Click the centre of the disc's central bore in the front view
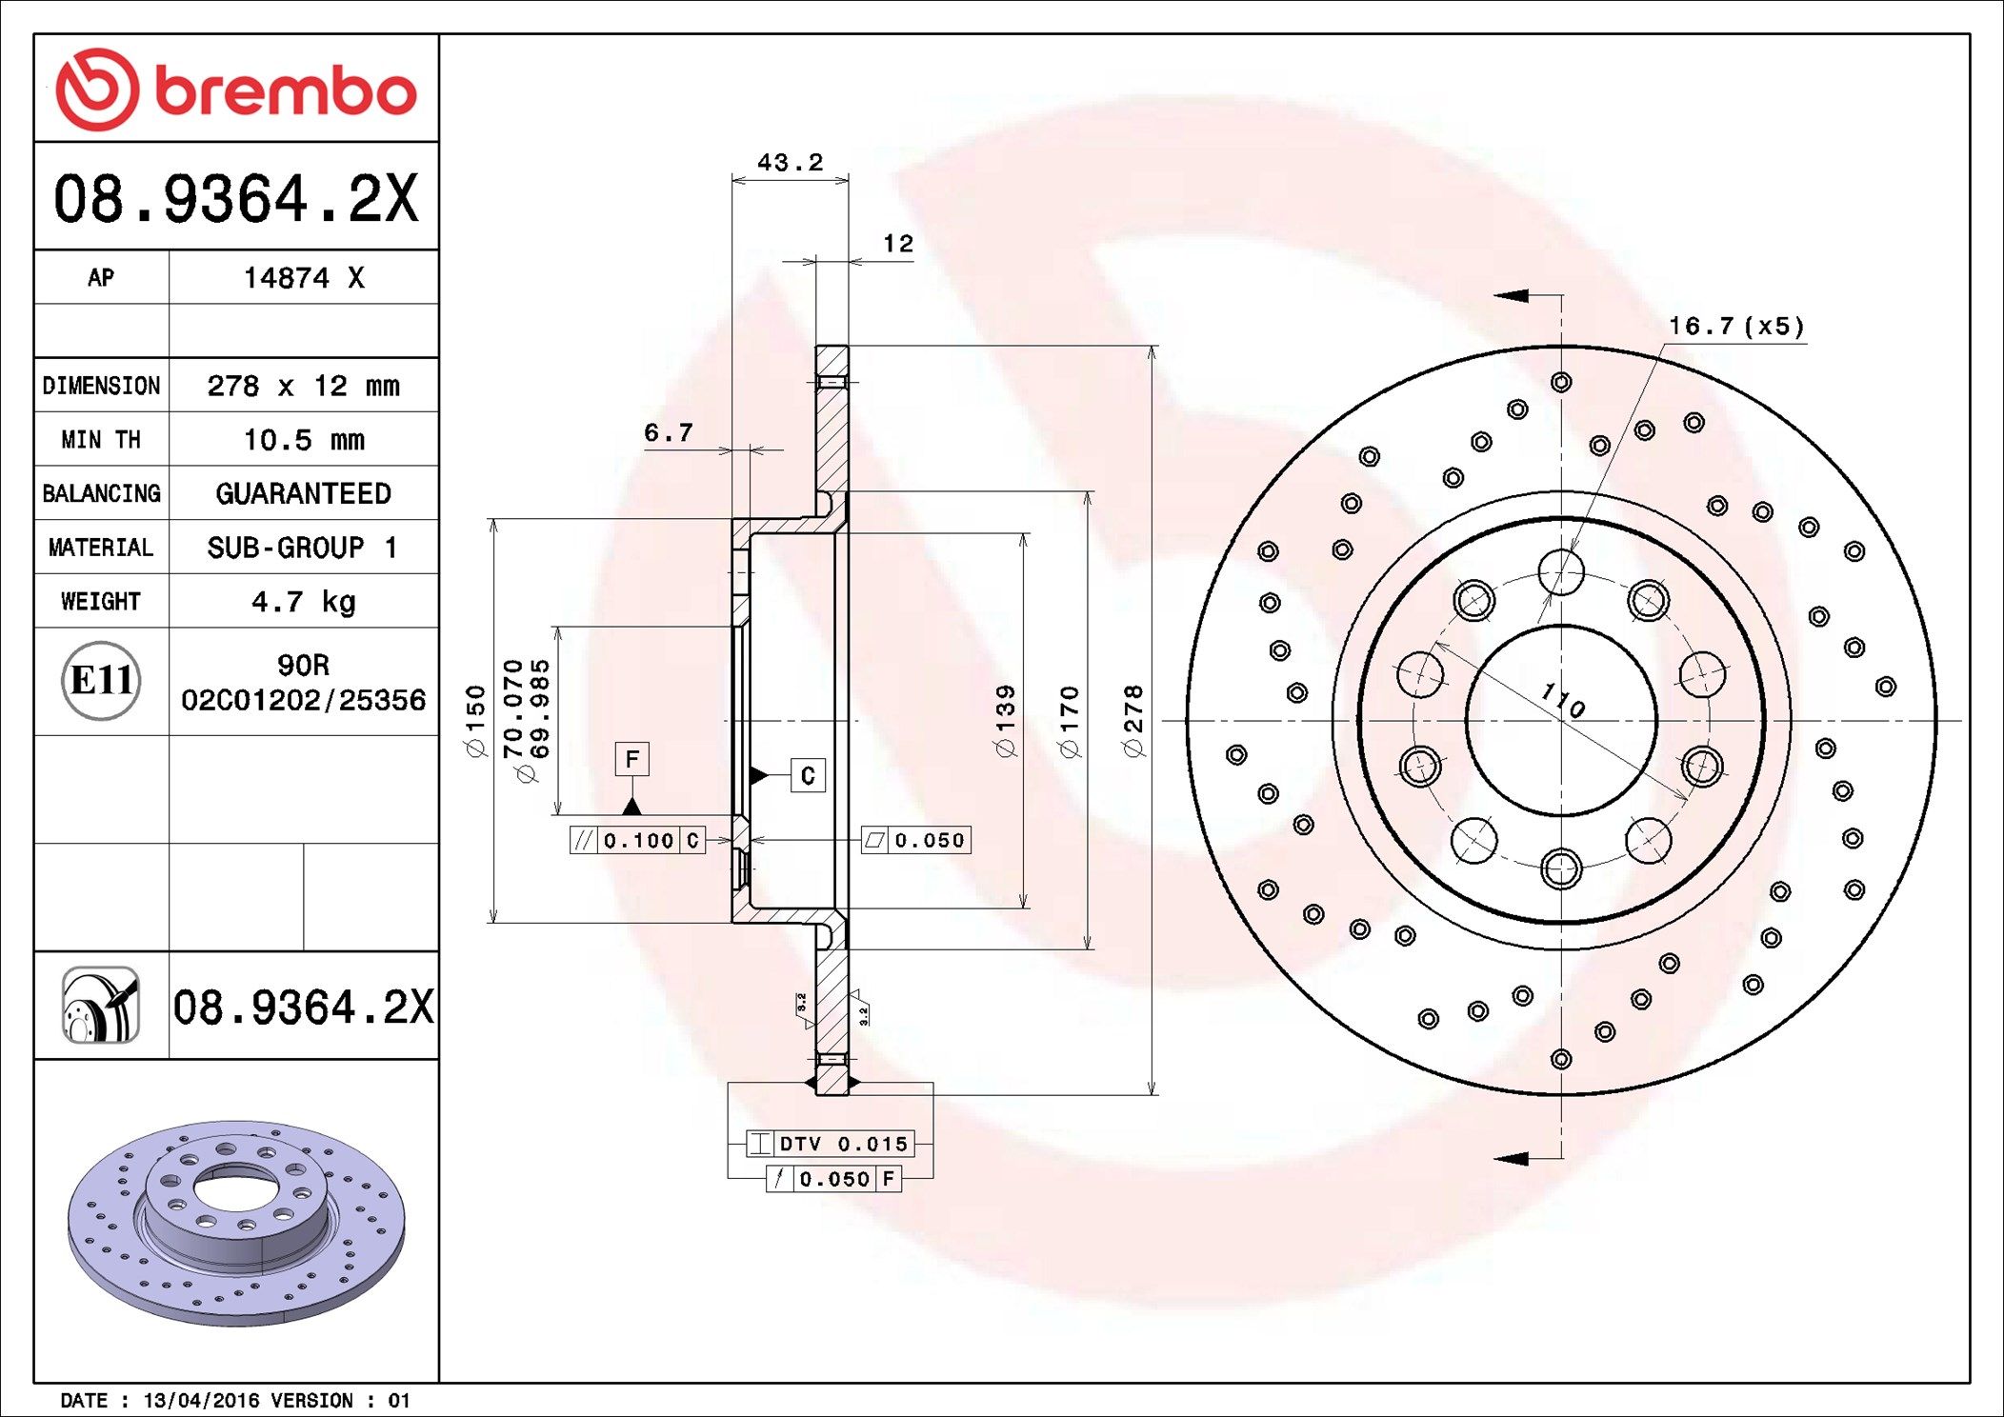click(x=1561, y=721)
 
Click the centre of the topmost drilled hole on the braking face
click(x=1561, y=382)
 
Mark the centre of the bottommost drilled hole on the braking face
click(x=1561, y=1059)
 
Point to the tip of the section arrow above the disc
click(x=1494, y=295)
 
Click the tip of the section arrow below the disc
click(x=1494, y=1159)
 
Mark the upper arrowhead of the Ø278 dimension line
click(x=1152, y=348)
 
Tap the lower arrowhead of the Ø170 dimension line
click(x=1089, y=948)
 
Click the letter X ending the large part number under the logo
click(x=402, y=199)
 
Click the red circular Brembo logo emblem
click(x=97, y=90)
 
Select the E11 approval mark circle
click(x=101, y=680)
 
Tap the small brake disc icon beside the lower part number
click(x=101, y=1006)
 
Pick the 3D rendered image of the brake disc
click(x=237, y=1222)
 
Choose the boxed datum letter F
click(x=632, y=759)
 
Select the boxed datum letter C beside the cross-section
click(x=808, y=775)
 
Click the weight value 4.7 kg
click(x=304, y=602)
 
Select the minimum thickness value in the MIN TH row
click(x=304, y=440)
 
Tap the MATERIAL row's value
click(x=302, y=548)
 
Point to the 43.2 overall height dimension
click(x=791, y=163)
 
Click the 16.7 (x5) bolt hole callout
click(x=1736, y=327)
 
